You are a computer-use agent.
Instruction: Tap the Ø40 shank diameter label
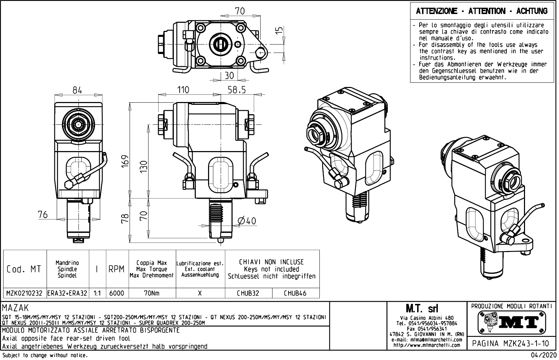click(247, 221)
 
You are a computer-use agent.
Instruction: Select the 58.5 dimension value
click(237, 90)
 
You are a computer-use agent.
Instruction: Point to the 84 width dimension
click(77, 90)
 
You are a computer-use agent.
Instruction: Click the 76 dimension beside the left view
click(43, 214)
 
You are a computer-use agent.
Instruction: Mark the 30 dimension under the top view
click(229, 76)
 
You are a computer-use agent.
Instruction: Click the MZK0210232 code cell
click(25, 293)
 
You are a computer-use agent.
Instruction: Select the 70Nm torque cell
click(152, 293)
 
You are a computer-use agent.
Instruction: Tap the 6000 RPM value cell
click(117, 293)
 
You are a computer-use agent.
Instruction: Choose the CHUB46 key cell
click(295, 293)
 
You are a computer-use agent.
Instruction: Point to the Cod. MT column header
click(24, 269)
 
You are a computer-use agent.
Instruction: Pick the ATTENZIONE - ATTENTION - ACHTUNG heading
click(482, 11)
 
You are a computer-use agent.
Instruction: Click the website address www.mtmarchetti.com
click(427, 345)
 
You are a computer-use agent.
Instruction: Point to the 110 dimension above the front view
click(183, 90)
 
